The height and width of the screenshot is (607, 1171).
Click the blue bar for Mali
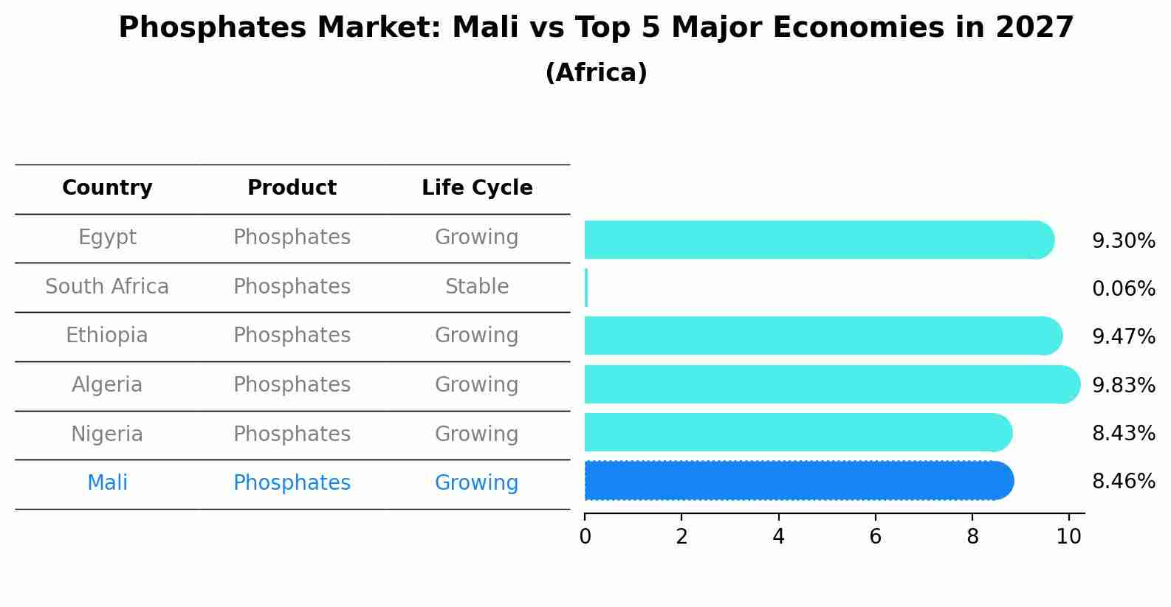tap(797, 481)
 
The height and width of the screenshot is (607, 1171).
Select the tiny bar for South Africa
tap(586, 288)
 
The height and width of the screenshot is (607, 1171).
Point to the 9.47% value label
tap(1123, 337)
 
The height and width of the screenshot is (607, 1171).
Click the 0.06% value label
tap(1123, 288)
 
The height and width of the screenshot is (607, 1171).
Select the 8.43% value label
tap(1123, 433)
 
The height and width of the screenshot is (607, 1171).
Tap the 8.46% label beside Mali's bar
tap(1123, 482)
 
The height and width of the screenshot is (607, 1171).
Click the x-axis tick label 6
tap(875, 537)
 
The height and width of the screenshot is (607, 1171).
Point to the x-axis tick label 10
tap(1068, 537)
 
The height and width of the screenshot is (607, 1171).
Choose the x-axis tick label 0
tap(585, 537)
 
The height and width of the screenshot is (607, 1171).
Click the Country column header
tap(107, 188)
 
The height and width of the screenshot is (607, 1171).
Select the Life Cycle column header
tap(477, 188)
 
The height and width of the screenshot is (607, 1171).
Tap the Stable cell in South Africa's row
tap(477, 287)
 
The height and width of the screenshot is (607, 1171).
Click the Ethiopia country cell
tap(107, 336)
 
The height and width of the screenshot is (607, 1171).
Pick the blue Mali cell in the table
tap(107, 483)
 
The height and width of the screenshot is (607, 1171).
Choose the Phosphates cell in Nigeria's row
tap(292, 434)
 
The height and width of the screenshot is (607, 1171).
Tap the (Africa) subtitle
tap(596, 73)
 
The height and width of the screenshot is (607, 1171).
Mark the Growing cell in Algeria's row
tap(477, 385)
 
